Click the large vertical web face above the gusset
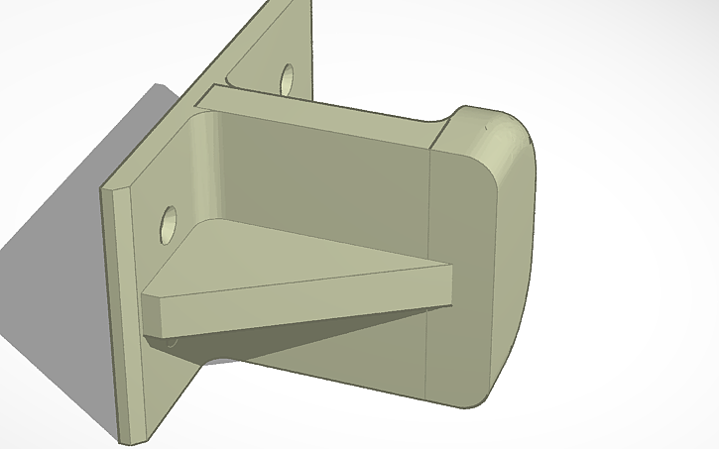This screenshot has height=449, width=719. coord(327,178)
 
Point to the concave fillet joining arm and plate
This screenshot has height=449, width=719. coord(210,159)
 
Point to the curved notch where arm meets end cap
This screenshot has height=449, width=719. coord(442,124)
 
